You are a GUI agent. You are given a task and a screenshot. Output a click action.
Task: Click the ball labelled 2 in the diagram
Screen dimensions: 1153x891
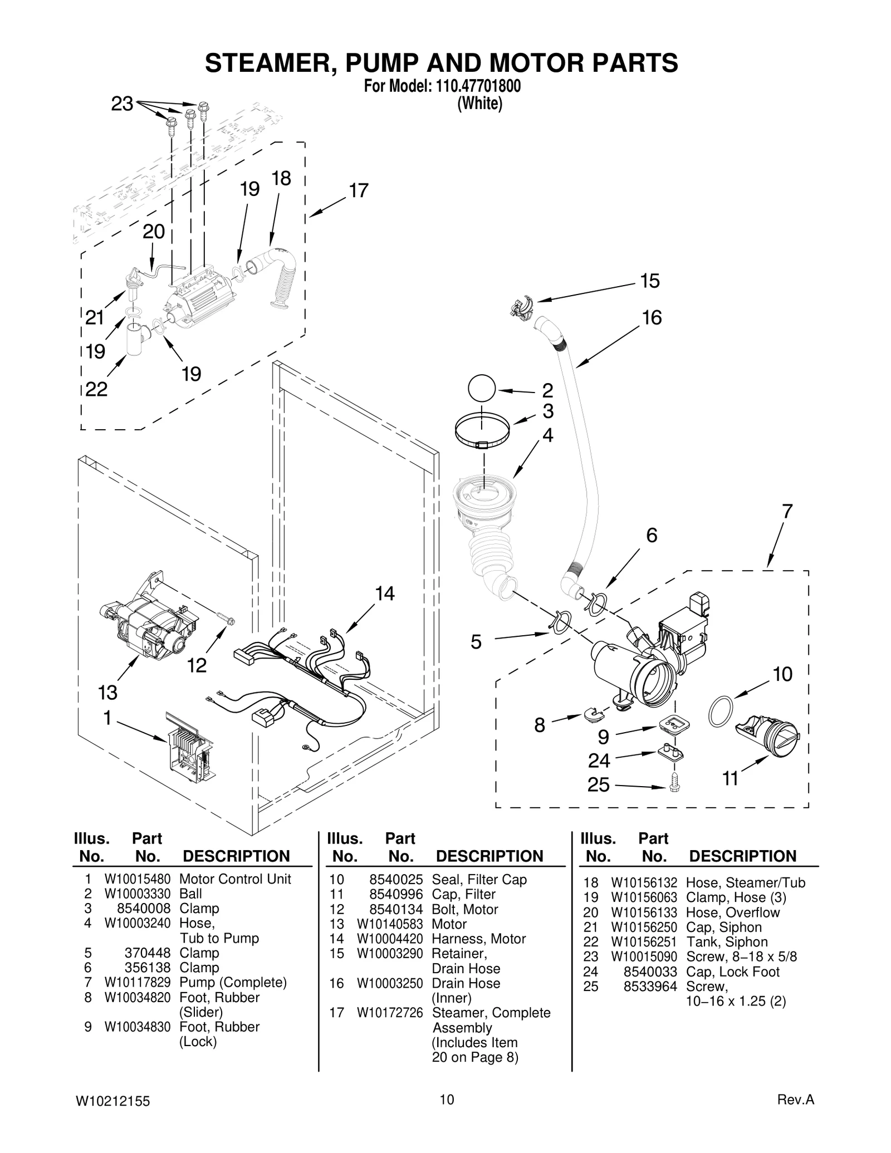click(x=482, y=388)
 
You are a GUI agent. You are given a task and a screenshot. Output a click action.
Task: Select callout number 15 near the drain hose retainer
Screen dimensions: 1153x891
click(x=650, y=281)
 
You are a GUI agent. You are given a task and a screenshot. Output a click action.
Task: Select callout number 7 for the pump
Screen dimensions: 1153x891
click(x=787, y=511)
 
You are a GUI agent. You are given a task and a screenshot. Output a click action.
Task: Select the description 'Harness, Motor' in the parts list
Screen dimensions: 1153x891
click(x=478, y=939)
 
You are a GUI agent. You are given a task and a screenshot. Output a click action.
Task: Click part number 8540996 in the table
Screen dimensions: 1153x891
click(x=396, y=895)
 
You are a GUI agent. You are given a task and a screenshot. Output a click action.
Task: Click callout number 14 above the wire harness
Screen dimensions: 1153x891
click(x=384, y=593)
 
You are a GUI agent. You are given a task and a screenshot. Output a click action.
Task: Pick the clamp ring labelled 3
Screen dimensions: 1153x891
click(x=482, y=430)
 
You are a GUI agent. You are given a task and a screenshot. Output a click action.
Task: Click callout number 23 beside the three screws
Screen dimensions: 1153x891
click(x=122, y=104)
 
